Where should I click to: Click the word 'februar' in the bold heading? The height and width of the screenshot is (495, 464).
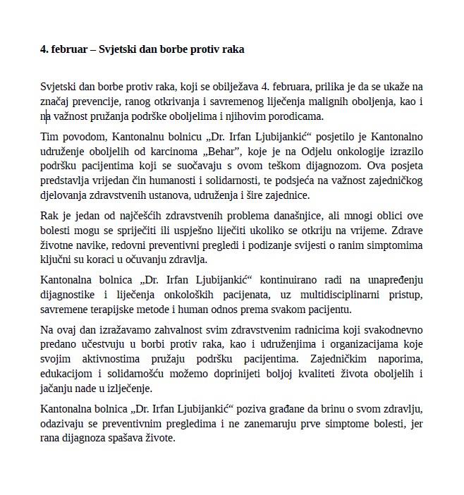pos(71,50)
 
